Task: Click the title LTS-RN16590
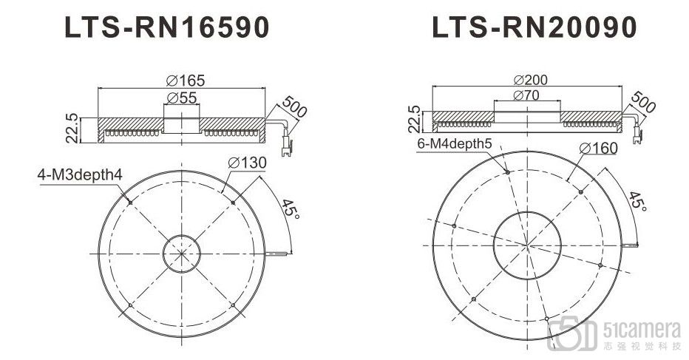point(166,27)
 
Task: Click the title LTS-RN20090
point(534,27)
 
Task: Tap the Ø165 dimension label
point(186,81)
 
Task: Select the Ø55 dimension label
point(181,98)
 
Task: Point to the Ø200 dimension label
point(530,80)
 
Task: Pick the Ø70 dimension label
point(526,95)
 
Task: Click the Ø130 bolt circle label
point(247,163)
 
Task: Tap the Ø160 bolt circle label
point(599,148)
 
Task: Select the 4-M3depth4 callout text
point(80,175)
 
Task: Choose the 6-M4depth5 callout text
point(455,143)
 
